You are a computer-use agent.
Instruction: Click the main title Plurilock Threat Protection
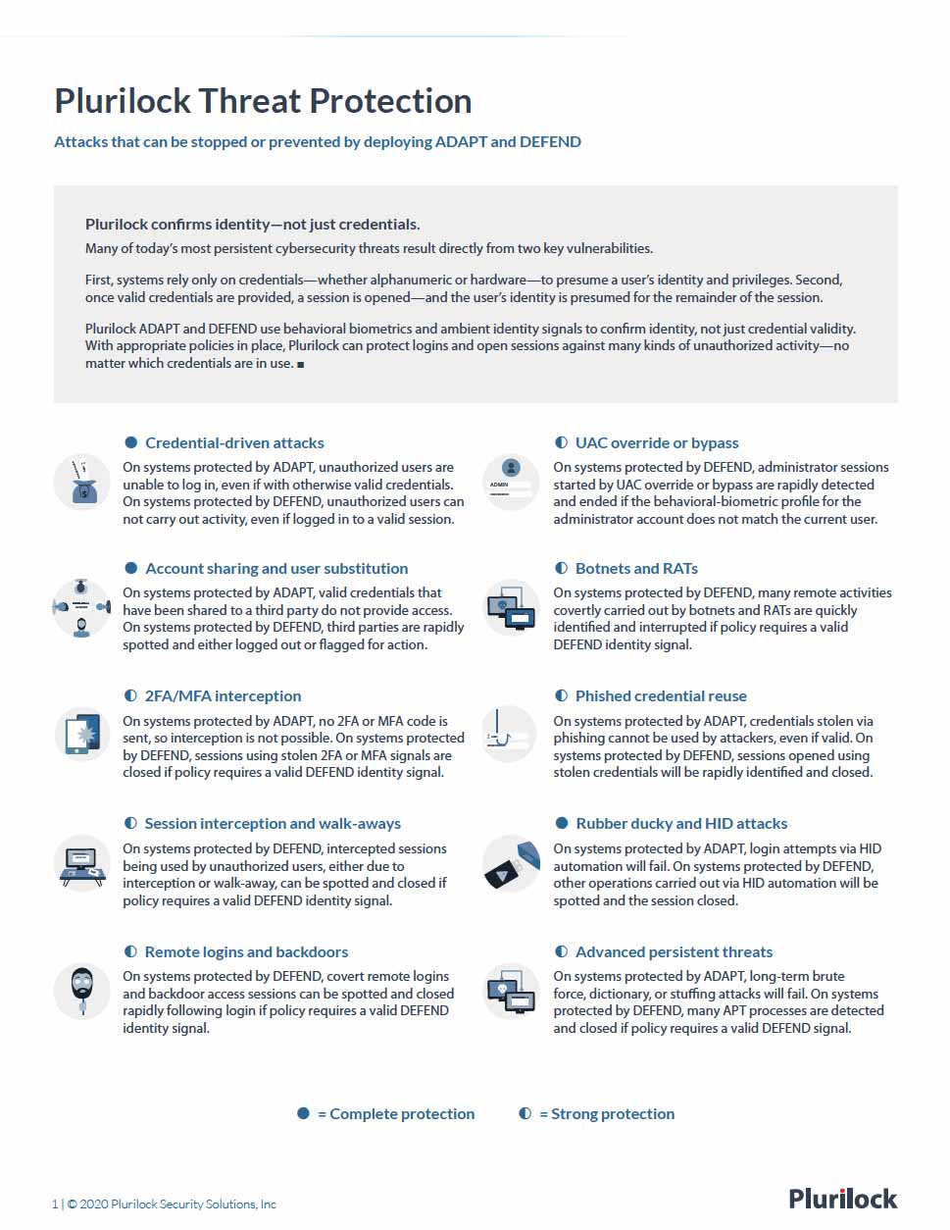263,101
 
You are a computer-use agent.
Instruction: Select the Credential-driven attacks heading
234,443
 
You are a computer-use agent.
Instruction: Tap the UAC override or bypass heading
657,443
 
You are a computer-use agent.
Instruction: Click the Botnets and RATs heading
636,569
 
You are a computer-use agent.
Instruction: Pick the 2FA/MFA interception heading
223,696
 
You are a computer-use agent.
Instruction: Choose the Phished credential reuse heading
661,696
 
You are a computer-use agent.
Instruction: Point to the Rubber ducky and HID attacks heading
681,824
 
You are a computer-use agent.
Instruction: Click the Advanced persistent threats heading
674,952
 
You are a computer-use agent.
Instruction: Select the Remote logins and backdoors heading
246,952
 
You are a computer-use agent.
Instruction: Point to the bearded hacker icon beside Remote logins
81,991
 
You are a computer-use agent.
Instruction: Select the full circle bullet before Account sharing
131,569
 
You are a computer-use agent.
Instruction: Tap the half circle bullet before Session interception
131,824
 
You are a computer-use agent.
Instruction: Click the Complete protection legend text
401,1114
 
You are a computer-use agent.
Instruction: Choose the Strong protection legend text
612,1114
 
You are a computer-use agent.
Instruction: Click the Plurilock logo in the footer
842,1199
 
